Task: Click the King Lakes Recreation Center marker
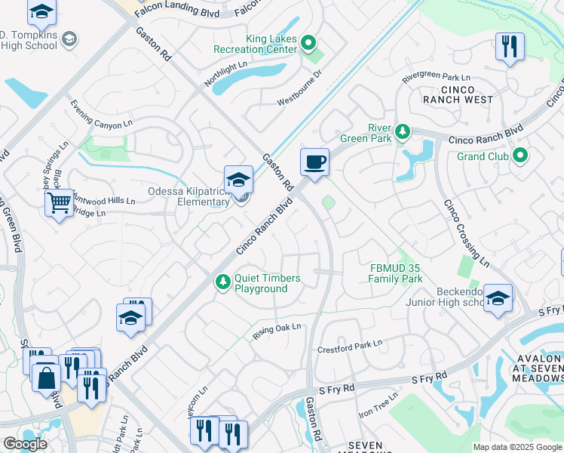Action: tap(307, 42)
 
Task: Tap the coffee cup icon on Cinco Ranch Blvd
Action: tap(314, 162)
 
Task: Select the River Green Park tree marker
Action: tap(403, 132)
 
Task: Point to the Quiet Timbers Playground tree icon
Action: tap(222, 282)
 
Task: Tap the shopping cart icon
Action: tap(59, 202)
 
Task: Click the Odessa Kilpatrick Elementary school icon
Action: tap(238, 180)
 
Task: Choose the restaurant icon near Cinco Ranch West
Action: tap(510, 47)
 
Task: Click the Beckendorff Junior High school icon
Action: tap(498, 298)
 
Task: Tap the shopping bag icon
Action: tap(46, 377)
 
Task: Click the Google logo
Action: tap(24, 444)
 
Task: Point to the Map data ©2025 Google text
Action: tap(516, 447)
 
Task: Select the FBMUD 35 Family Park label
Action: tap(395, 273)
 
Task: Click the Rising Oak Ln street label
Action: tap(277, 328)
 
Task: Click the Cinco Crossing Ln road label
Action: tap(465, 233)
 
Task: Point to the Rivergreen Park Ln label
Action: tap(436, 78)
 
